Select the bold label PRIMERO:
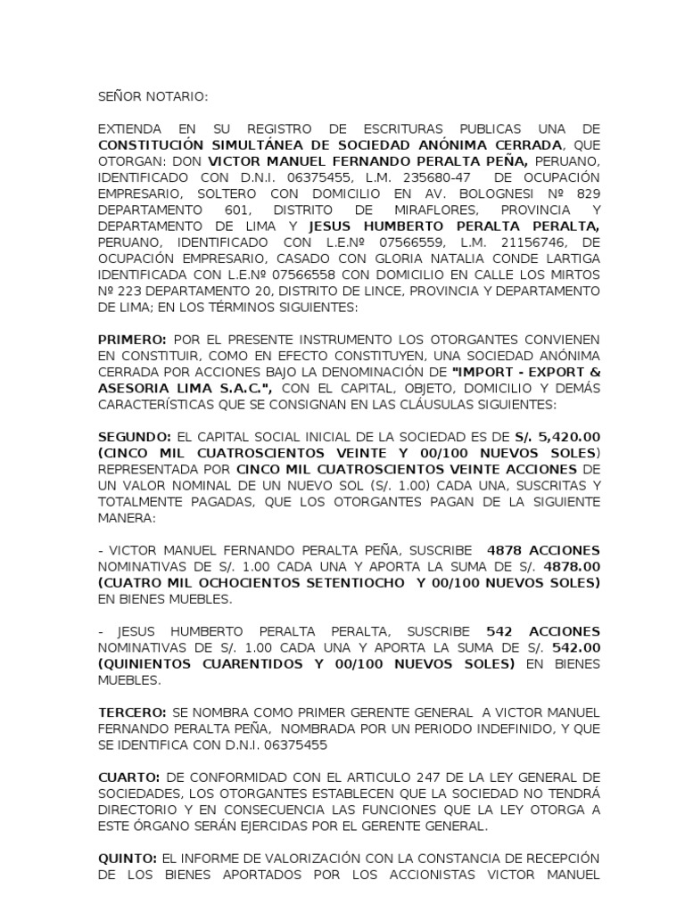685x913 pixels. pyautogui.click(x=132, y=340)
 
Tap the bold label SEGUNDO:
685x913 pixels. pyautogui.click(x=136, y=437)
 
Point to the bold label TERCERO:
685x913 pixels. pyautogui.click(x=132, y=712)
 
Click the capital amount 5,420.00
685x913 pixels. pyautogui.click(x=566, y=437)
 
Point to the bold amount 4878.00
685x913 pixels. pyautogui.click(x=572, y=567)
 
